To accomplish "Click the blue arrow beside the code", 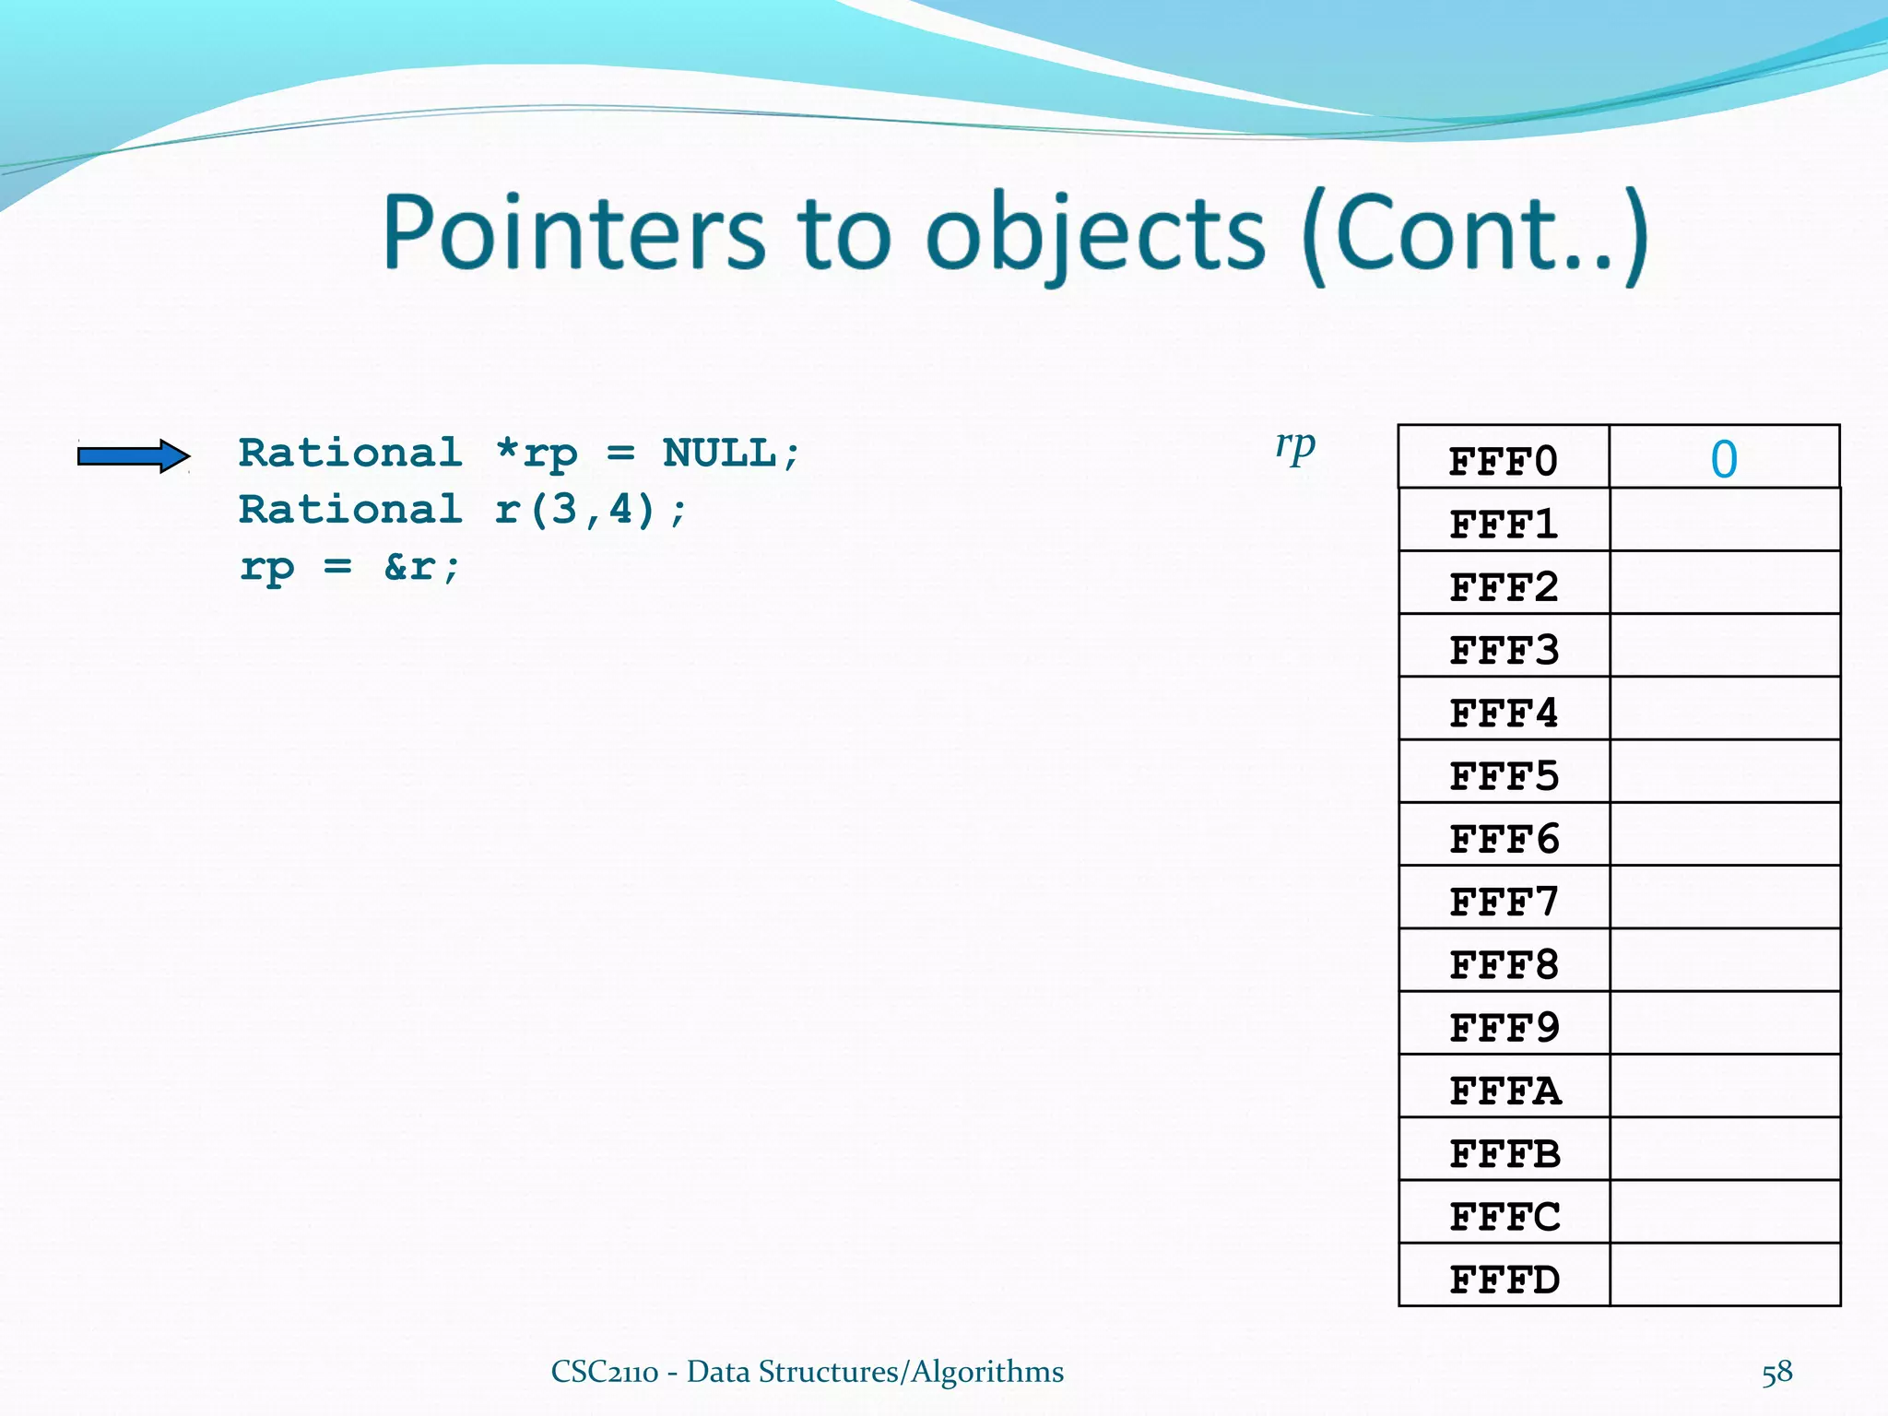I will pos(134,455).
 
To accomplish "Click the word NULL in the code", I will pos(719,454).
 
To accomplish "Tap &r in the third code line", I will pos(408,566).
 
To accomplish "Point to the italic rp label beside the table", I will pos(1295,446).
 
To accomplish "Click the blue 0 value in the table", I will pos(1724,459).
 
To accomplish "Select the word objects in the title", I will pos(1095,235).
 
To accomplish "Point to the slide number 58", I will pos(1776,1373).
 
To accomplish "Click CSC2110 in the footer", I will pos(605,1373).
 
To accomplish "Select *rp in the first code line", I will pos(537,454).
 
